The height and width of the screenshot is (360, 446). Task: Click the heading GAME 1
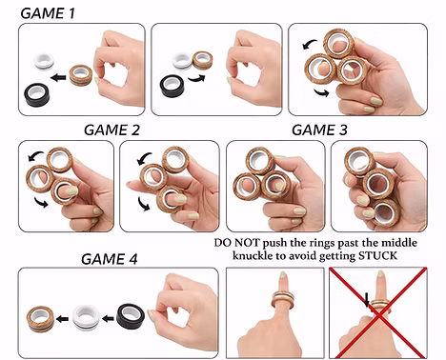pos(48,13)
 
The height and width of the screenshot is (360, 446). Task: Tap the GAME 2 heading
pos(111,130)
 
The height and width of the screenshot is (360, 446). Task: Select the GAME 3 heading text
pos(319,130)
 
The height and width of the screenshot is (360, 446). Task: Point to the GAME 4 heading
pos(110,259)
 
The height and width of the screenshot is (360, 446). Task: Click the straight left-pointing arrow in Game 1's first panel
pos(58,77)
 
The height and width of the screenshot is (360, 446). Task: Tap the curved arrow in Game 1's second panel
pos(196,79)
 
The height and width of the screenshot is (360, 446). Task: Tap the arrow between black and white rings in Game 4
pos(108,318)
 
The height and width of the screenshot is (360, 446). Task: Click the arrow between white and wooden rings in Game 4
pos(62,318)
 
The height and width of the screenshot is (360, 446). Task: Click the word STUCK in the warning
pos(377,255)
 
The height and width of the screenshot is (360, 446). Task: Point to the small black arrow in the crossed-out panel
pos(367,300)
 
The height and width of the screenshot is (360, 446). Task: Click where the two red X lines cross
pos(378,313)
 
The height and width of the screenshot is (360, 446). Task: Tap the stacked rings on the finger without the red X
pos(283,299)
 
